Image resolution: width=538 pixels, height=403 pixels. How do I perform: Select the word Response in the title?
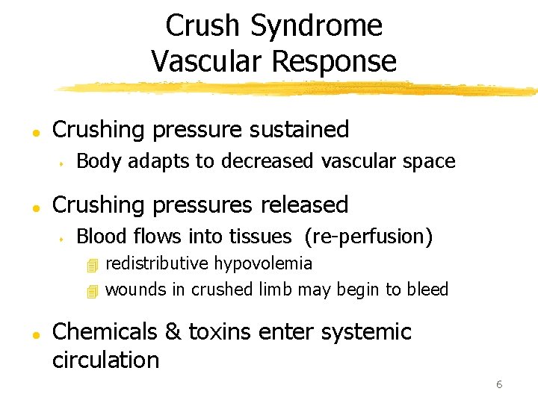pos(333,60)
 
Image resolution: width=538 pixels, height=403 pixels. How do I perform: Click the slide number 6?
pos(498,384)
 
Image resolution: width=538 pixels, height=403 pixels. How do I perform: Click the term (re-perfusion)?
pos(368,237)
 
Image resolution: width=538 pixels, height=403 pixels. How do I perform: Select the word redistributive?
pos(158,263)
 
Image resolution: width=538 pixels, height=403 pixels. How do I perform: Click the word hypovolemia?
pos(264,263)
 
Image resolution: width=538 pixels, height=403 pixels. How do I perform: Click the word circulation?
pos(105,360)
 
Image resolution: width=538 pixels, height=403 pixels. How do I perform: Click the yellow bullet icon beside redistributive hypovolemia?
pos(92,265)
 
